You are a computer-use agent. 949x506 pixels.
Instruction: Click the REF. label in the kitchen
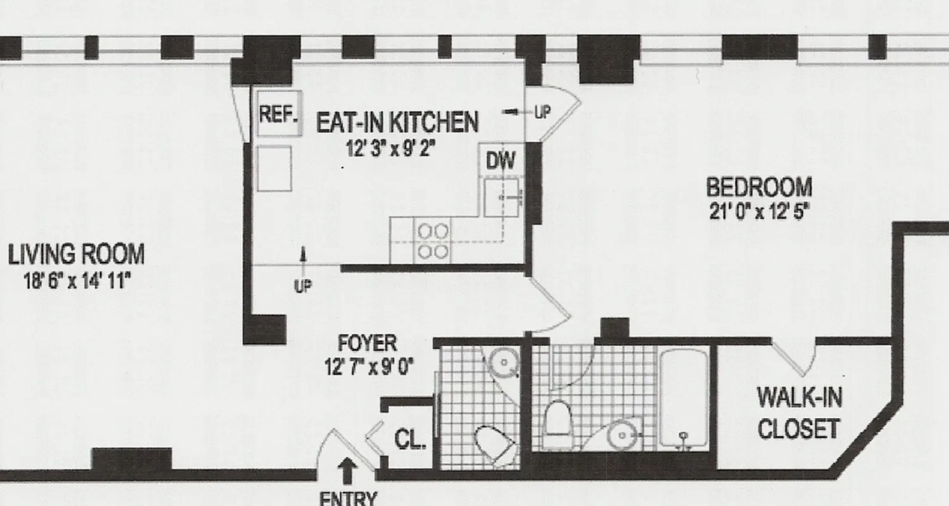[x=278, y=114]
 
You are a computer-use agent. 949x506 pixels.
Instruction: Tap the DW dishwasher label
[x=500, y=161]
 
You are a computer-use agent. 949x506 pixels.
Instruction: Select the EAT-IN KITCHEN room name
[x=397, y=122]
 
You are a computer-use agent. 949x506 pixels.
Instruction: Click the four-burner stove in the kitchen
[x=433, y=242]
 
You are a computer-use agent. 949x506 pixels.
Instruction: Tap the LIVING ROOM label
[x=76, y=255]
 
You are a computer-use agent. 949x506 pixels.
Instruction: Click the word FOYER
[x=368, y=343]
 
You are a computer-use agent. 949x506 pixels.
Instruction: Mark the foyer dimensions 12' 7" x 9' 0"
[x=368, y=367]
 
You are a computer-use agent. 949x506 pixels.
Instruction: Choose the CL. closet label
[x=410, y=439]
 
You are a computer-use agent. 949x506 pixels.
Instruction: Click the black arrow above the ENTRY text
[x=347, y=471]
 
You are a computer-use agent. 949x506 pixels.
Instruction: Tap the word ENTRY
[x=348, y=498]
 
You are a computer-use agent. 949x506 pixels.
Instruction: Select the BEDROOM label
[x=759, y=188]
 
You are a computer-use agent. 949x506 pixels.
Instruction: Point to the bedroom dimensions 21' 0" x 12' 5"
[x=760, y=213]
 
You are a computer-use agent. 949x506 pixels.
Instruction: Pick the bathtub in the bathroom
[x=683, y=398]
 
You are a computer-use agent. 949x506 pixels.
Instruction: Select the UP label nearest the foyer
[x=303, y=287]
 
